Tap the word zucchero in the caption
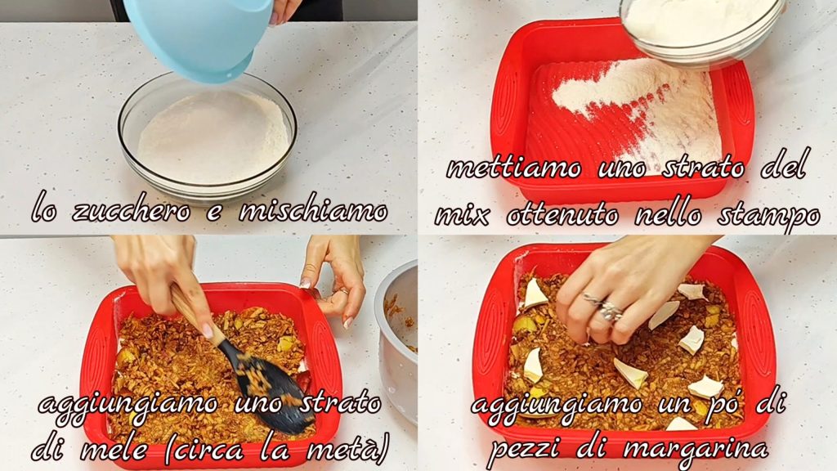132,210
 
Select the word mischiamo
313,210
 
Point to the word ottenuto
562,215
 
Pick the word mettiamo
514,168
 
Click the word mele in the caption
114,450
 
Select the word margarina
696,449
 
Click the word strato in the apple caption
340,402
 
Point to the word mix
463,216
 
